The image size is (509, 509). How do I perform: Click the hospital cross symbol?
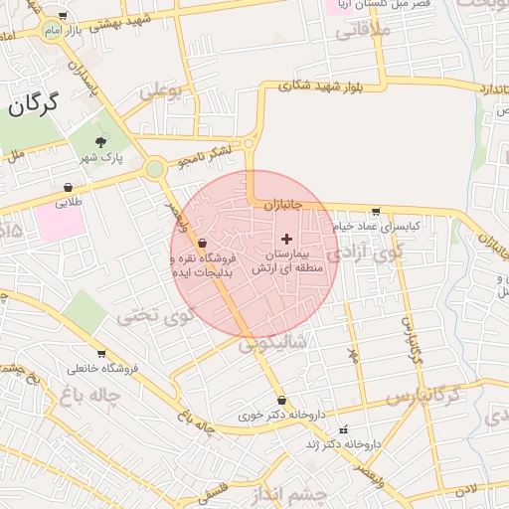tap(287, 239)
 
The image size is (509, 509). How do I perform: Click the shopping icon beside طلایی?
tap(68, 186)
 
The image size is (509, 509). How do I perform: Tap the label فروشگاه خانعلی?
tap(101, 369)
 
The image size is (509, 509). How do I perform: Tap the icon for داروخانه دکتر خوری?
tap(281, 400)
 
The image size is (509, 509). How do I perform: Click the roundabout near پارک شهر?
tap(154, 169)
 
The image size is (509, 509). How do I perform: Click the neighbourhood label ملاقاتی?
tap(365, 32)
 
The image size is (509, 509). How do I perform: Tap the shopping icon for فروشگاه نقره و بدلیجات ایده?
tap(203, 243)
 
